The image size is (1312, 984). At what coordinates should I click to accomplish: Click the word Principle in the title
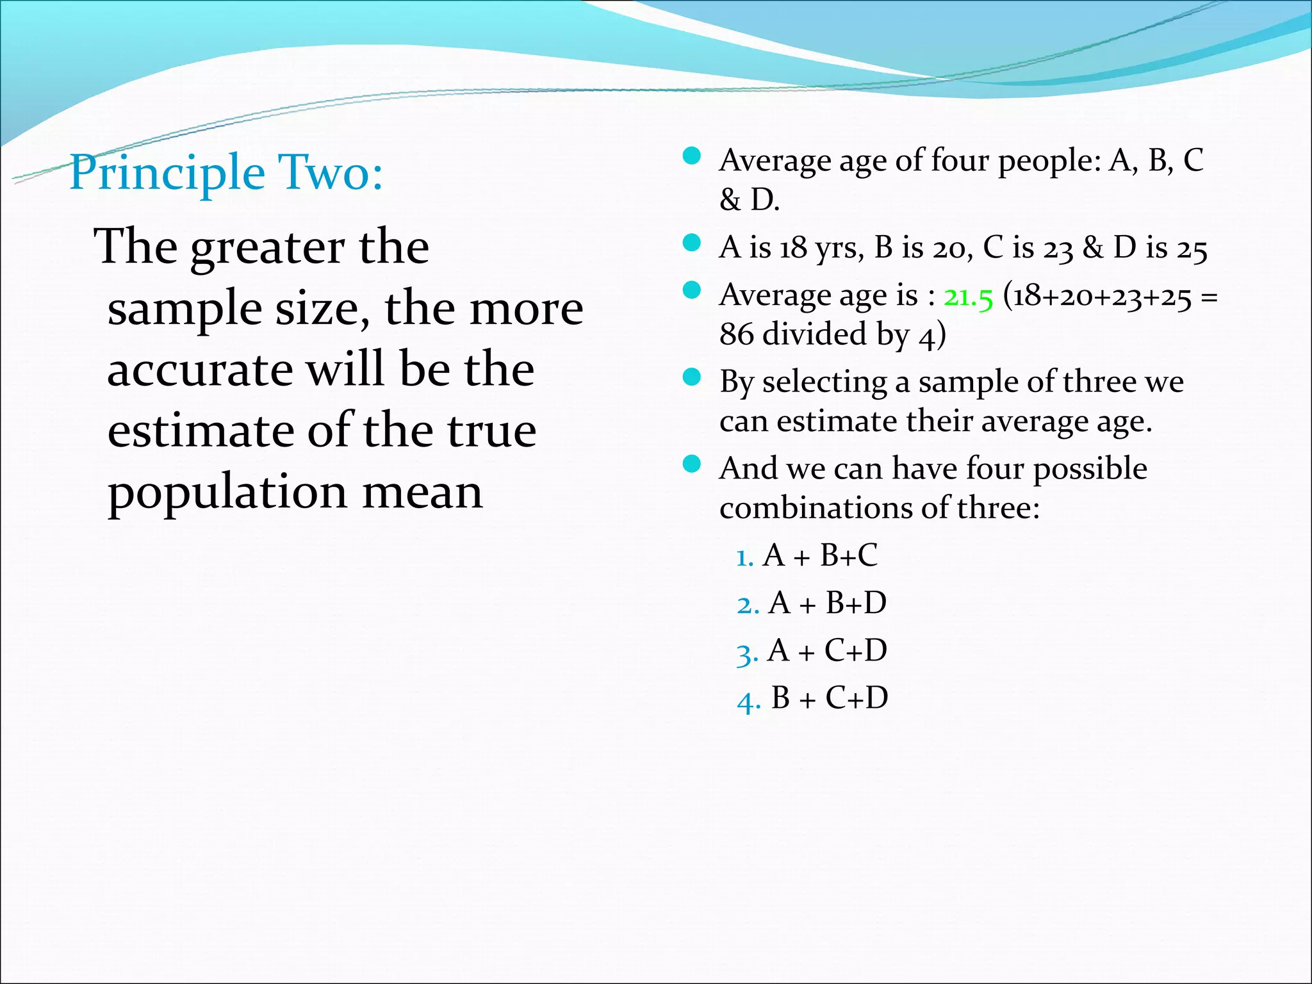[167, 173]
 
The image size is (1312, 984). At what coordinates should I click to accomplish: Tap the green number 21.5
[968, 297]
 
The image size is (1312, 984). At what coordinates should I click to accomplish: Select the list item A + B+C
[820, 555]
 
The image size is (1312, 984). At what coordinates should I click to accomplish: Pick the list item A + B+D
[827, 603]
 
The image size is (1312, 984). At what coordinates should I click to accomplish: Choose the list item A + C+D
[827, 650]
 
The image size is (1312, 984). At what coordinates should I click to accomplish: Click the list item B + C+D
[830, 698]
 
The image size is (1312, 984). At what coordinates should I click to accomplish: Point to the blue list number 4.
[748, 700]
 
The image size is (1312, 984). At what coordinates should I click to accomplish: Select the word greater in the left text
[268, 247]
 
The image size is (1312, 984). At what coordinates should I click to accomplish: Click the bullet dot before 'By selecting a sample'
[691, 377]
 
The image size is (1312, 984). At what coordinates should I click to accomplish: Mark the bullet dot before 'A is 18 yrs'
[691, 243]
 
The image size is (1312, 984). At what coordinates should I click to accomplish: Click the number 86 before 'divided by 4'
[736, 334]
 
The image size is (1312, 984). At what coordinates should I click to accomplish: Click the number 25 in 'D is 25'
[1192, 249]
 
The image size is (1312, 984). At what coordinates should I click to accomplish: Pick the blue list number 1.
[744, 557]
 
